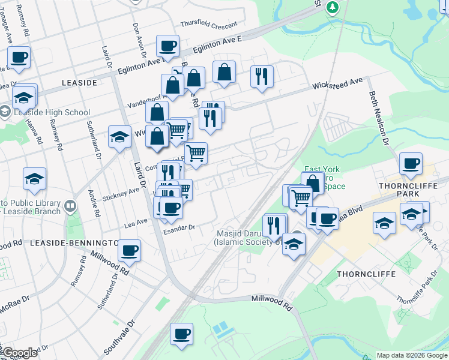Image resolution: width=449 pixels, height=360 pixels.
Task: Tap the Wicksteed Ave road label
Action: coord(337,84)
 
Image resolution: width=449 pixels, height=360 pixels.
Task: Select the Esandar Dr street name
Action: coord(180,228)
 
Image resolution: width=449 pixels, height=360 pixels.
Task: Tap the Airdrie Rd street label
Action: coord(95,205)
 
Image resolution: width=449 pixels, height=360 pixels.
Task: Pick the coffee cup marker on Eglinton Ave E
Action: coord(167,46)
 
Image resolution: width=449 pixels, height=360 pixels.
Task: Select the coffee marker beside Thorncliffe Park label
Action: coord(411,164)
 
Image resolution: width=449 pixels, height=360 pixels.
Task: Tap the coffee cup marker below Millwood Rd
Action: coord(181,334)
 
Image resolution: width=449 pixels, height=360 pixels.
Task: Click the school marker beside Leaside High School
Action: coord(24,96)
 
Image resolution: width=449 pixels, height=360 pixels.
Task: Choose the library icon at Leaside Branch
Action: coord(71,206)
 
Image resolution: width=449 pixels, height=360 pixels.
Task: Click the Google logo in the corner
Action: coord(19,353)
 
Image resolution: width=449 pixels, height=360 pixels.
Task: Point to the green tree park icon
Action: coord(332,6)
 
